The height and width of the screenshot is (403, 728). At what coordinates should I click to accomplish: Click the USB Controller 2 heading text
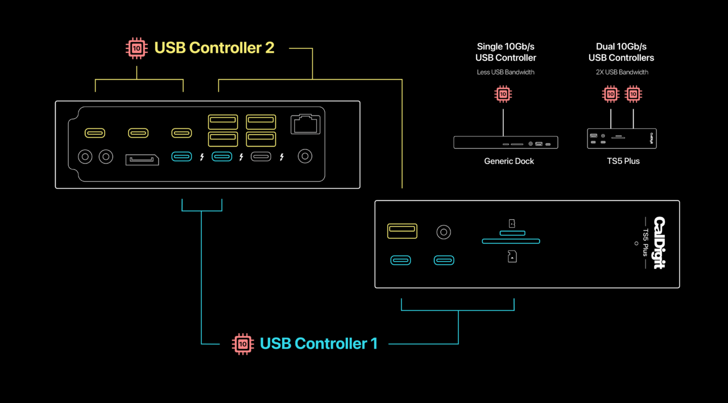(x=214, y=48)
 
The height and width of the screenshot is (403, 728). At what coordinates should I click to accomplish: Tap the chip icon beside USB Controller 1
(x=243, y=344)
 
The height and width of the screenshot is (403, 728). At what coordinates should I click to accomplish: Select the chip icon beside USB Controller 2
(x=136, y=48)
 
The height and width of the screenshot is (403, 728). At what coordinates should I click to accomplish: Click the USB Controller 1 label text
(x=318, y=343)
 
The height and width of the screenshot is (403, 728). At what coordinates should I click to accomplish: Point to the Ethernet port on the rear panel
(x=305, y=124)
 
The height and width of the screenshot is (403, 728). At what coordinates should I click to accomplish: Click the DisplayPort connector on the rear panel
(x=142, y=160)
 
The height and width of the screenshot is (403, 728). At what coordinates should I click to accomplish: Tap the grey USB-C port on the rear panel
(x=261, y=157)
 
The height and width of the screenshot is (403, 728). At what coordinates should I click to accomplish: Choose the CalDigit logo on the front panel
(x=660, y=243)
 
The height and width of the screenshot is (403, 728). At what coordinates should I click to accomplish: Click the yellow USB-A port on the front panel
(x=402, y=231)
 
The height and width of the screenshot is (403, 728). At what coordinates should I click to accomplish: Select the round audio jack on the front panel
(x=444, y=232)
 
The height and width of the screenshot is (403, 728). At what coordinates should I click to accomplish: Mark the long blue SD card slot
(x=511, y=241)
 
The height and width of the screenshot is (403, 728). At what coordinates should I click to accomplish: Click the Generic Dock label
(x=509, y=161)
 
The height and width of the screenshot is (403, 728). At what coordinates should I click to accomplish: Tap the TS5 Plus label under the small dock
(x=623, y=161)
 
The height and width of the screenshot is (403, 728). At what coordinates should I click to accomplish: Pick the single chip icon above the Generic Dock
(x=503, y=94)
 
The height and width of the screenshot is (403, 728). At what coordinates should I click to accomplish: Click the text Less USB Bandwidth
(x=506, y=72)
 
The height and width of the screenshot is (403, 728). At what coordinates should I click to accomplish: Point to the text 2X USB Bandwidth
(x=622, y=72)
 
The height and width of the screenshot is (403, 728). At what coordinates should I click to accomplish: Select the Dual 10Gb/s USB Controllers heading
(x=621, y=52)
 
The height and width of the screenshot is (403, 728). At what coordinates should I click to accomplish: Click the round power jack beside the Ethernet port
(x=305, y=156)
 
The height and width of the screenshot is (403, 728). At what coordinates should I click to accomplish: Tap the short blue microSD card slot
(x=512, y=233)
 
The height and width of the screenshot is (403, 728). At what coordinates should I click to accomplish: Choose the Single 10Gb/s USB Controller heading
(x=506, y=52)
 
